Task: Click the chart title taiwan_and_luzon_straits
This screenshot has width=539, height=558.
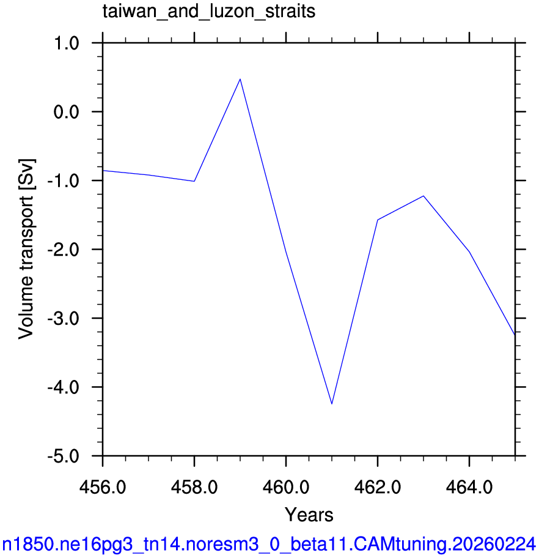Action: (x=209, y=12)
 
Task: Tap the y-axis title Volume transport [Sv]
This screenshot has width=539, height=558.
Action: (x=26, y=249)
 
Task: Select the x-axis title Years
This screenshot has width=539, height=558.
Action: (x=309, y=515)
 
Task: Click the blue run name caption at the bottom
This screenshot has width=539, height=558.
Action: (x=269, y=544)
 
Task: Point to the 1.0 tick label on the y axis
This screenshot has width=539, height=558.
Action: (x=66, y=43)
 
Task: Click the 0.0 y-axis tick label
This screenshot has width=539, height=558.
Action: (x=66, y=112)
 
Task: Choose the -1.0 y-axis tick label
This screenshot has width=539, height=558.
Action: (x=64, y=180)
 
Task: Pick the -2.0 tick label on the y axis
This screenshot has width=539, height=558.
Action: (x=64, y=250)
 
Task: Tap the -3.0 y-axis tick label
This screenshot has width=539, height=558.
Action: (x=64, y=319)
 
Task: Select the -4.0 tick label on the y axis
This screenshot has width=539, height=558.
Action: (x=64, y=387)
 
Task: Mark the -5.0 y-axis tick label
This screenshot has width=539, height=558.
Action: (x=64, y=456)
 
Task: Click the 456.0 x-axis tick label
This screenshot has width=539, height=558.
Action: (x=103, y=487)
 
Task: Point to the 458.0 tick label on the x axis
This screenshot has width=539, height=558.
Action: (x=194, y=487)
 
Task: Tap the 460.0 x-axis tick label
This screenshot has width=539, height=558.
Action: (x=286, y=487)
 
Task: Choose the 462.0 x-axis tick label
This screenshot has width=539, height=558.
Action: (x=378, y=487)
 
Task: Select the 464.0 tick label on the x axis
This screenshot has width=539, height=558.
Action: (x=469, y=487)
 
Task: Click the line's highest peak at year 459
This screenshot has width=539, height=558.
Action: (x=240, y=79)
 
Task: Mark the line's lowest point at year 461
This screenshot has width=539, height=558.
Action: (x=332, y=404)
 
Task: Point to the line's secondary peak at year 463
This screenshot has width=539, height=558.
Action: (x=424, y=196)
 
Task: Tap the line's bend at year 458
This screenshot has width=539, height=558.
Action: (x=194, y=181)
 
